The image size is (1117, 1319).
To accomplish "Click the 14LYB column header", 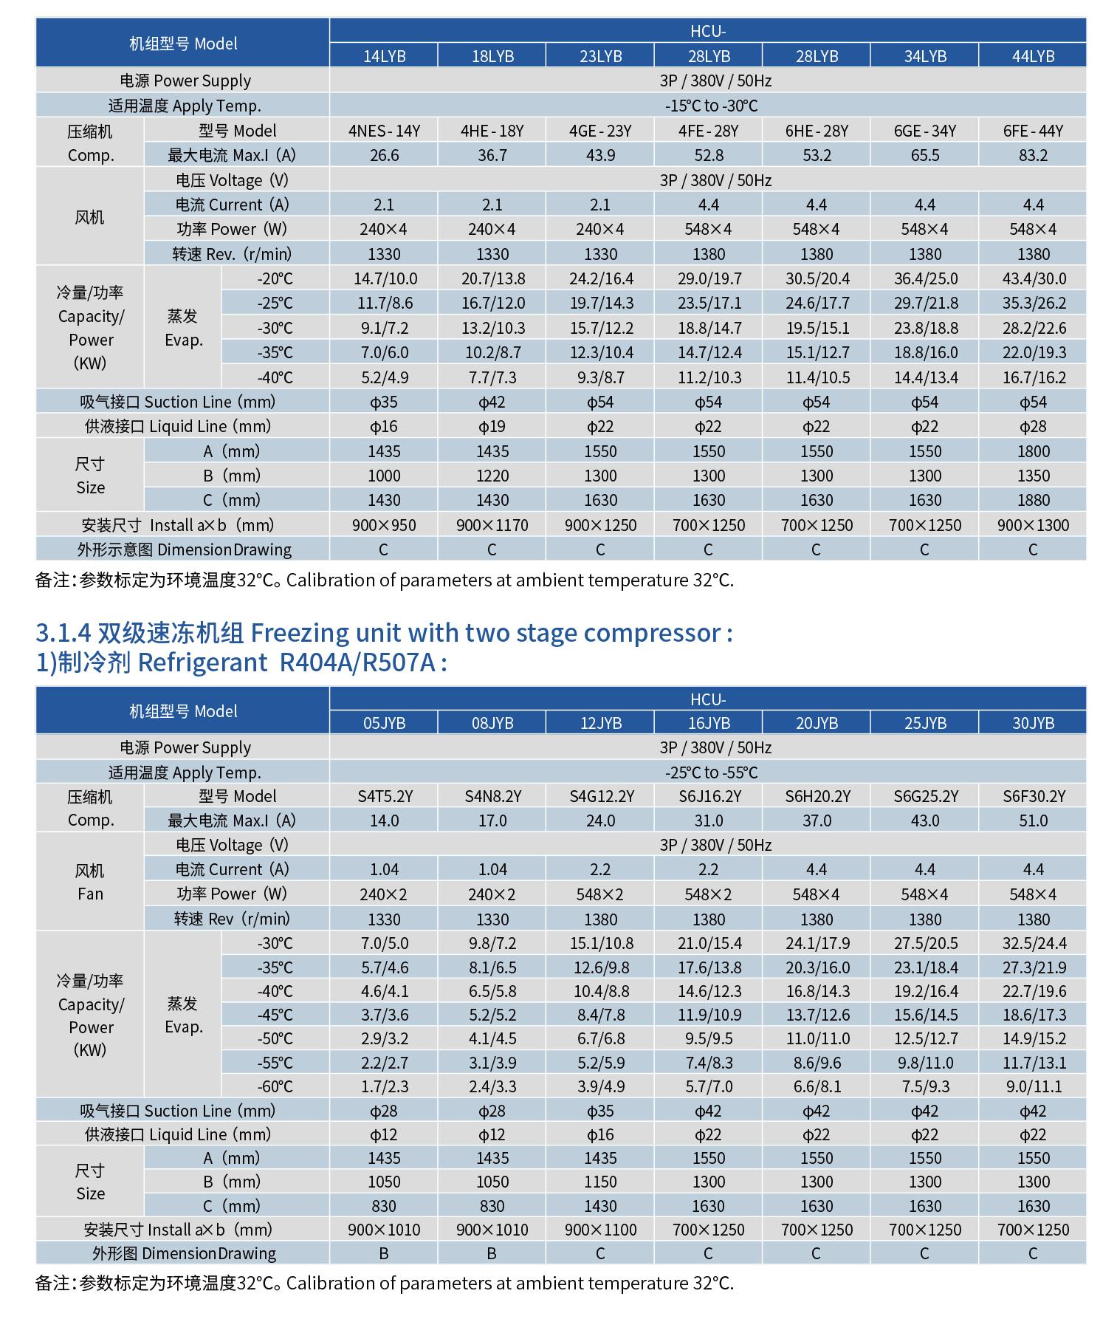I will (384, 56).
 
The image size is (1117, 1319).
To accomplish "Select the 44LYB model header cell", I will (1033, 56).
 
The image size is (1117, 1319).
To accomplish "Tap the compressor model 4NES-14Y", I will (384, 131).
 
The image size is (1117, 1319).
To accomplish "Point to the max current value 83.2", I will (1033, 155).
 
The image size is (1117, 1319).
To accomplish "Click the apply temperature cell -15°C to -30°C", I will (710, 106).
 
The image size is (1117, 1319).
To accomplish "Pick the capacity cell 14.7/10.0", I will (384, 278).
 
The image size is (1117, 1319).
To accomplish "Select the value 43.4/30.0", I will (1034, 278).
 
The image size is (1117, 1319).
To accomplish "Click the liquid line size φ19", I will (492, 427).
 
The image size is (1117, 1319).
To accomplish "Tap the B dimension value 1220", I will (492, 476).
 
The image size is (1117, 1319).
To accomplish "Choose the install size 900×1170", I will (492, 525).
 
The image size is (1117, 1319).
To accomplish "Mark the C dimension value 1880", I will (1033, 500).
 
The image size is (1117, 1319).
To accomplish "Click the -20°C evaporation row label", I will (275, 278).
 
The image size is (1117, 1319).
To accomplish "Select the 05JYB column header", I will (384, 723).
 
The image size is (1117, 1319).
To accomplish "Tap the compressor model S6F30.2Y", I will (1034, 796).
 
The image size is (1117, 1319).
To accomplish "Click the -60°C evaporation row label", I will (275, 1086).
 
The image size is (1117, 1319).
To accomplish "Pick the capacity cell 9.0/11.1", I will (1034, 1086).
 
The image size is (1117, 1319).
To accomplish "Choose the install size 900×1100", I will (600, 1230).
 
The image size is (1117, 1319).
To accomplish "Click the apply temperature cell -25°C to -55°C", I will (710, 772).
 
